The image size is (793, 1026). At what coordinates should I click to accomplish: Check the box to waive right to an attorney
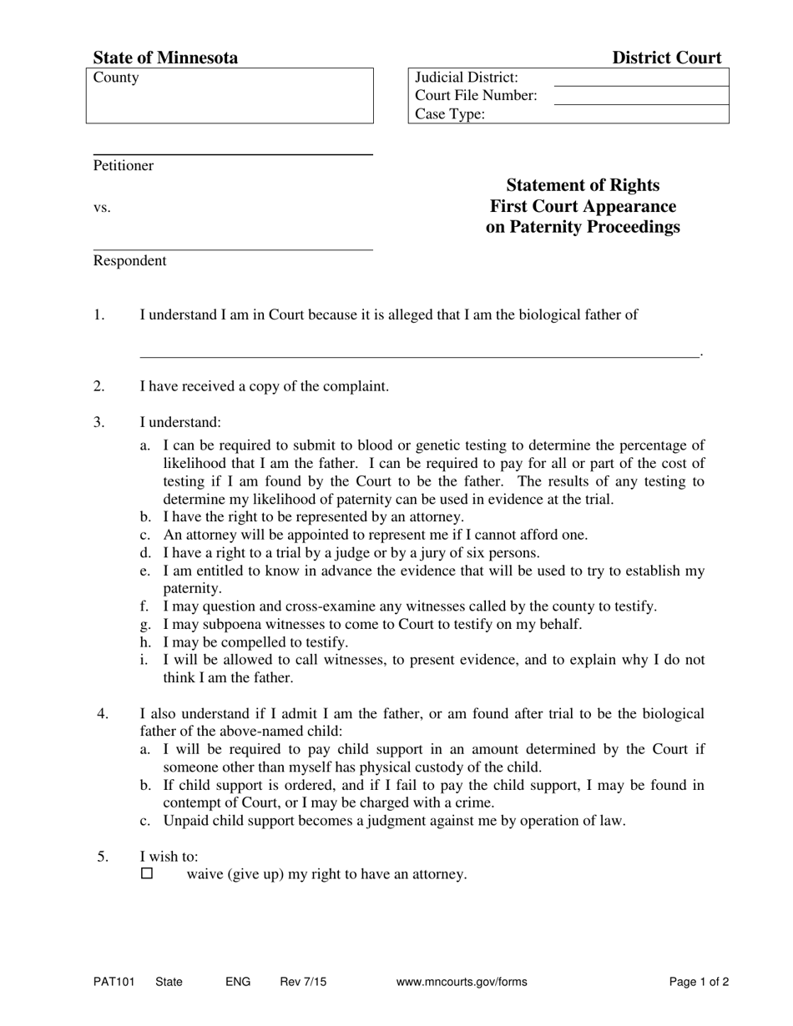[x=148, y=874]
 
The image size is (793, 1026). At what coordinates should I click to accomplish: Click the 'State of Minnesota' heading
[x=165, y=58]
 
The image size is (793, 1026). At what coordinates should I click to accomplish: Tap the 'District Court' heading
[x=666, y=58]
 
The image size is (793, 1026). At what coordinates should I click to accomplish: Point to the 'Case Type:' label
[x=449, y=115]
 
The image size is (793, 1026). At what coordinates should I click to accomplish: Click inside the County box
[x=230, y=100]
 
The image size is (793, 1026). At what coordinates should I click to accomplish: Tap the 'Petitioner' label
[x=124, y=165]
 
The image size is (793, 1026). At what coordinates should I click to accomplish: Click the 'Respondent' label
[x=129, y=260]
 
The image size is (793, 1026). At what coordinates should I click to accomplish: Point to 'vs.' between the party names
[x=102, y=208]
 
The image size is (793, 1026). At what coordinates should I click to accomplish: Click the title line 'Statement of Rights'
[x=583, y=185]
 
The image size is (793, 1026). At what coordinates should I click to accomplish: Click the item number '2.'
[x=99, y=386]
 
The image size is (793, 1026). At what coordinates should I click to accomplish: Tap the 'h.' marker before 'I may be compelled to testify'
[x=145, y=642]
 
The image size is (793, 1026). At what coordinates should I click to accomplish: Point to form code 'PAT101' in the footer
[x=114, y=982]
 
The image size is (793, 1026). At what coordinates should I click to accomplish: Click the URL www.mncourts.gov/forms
[x=462, y=982]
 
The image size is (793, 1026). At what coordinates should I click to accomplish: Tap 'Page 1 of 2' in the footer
[x=699, y=982]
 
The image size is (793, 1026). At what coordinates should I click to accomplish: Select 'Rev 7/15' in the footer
[x=303, y=982]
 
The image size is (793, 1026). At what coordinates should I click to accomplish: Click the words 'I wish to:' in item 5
[x=169, y=856]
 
